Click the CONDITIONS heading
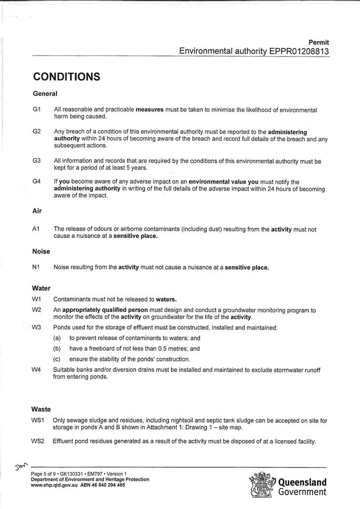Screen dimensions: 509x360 point(67,77)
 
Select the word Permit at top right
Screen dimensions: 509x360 point(319,42)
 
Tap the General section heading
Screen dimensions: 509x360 point(45,94)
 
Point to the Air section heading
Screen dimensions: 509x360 point(37,211)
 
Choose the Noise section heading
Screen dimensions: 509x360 point(41,251)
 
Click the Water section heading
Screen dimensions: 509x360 point(41,288)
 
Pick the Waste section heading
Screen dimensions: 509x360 point(41,409)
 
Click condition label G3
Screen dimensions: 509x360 point(37,161)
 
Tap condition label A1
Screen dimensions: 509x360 point(36,229)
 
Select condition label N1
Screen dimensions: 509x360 point(36,267)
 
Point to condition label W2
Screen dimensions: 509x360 point(36,309)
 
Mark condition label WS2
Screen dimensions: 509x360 point(38,441)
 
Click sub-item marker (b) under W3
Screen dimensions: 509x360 point(57,348)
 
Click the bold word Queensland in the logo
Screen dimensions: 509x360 point(302,482)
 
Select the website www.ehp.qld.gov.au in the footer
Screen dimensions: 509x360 point(51,486)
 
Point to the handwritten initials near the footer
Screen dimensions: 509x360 point(21,467)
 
